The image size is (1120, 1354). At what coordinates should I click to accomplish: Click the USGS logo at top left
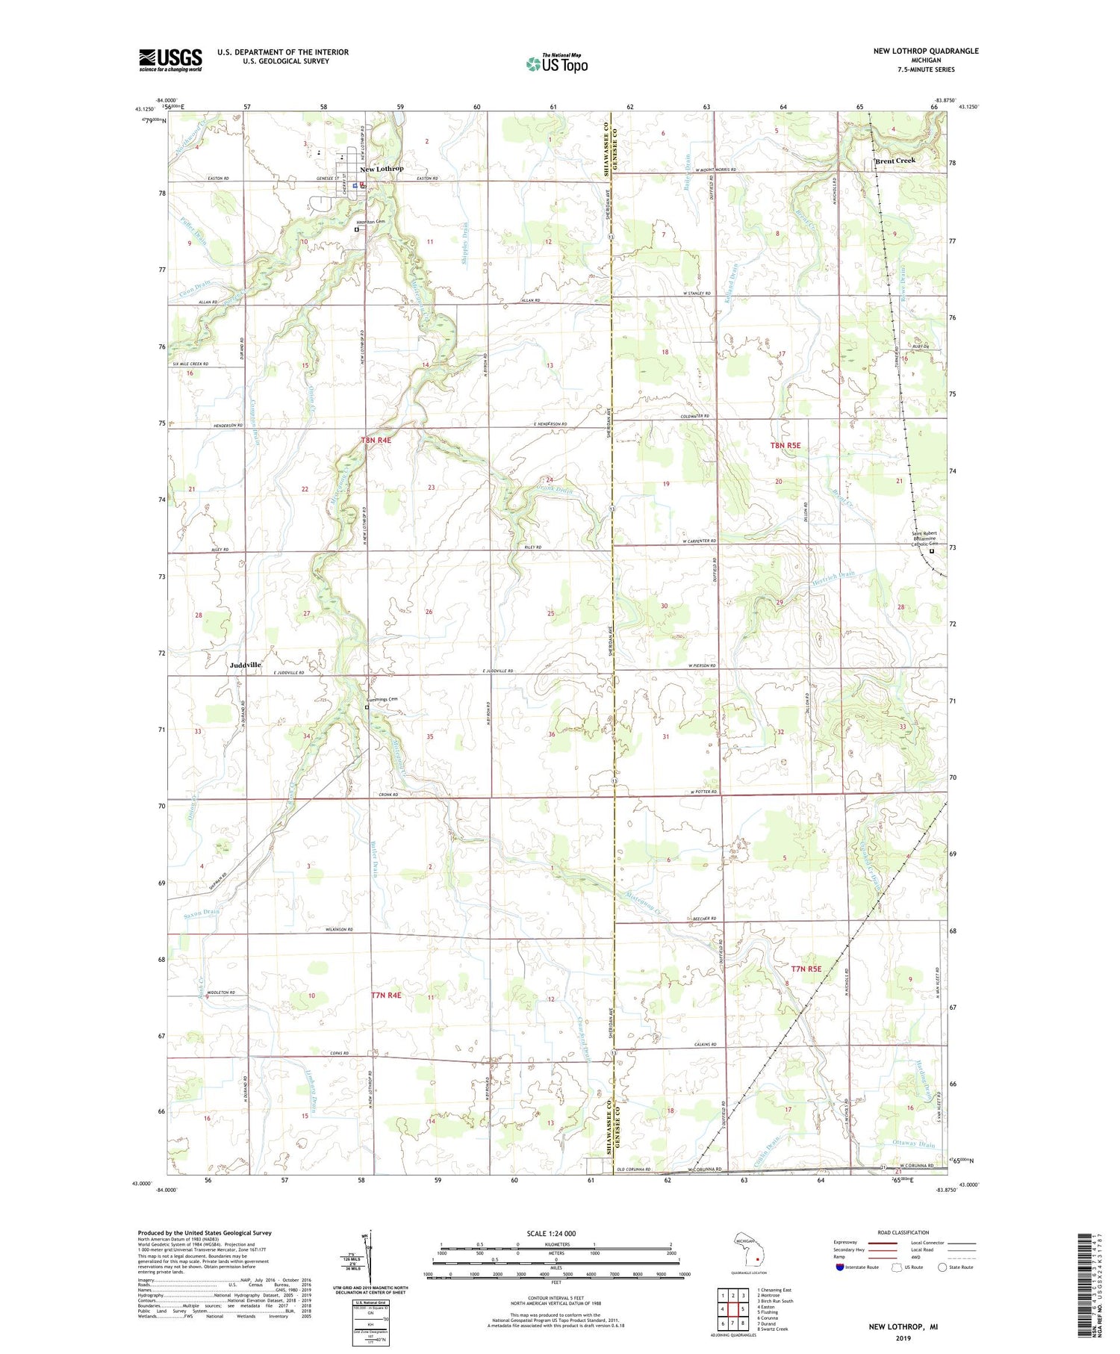click(170, 60)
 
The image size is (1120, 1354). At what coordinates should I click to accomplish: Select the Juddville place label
click(246, 665)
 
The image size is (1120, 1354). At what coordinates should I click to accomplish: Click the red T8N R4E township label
click(376, 441)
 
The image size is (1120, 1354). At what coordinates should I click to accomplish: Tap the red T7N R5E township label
click(806, 969)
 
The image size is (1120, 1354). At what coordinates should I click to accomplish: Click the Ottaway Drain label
click(914, 1145)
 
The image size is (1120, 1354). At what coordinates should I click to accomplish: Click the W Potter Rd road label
click(703, 792)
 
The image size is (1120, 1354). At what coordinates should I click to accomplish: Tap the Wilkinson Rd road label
click(338, 930)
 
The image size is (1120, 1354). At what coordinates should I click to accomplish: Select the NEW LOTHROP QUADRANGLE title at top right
click(925, 51)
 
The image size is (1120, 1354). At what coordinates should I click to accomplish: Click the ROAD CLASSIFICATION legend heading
click(903, 1233)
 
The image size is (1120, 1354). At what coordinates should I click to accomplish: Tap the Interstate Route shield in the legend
click(839, 1267)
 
